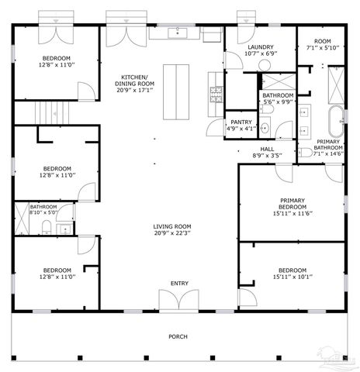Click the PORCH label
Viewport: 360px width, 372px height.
click(x=178, y=336)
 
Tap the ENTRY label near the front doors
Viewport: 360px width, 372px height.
click(x=179, y=284)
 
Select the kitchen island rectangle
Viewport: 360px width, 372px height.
click(x=177, y=91)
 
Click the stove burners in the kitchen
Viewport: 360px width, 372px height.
click(x=215, y=95)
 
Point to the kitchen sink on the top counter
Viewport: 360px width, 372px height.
click(x=178, y=33)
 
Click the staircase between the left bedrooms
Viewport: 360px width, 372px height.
click(x=51, y=113)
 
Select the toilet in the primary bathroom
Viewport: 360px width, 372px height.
click(x=306, y=152)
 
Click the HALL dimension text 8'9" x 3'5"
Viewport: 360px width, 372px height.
click(x=268, y=156)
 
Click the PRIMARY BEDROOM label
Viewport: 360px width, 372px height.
click(x=292, y=204)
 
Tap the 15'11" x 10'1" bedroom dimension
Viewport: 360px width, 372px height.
click(x=292, y=277)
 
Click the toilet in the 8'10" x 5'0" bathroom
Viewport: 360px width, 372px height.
click(x=47, y=226)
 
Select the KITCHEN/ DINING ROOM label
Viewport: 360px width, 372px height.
click(x=133, y=82)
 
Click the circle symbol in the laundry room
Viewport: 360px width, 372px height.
click(x=265, y=66)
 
